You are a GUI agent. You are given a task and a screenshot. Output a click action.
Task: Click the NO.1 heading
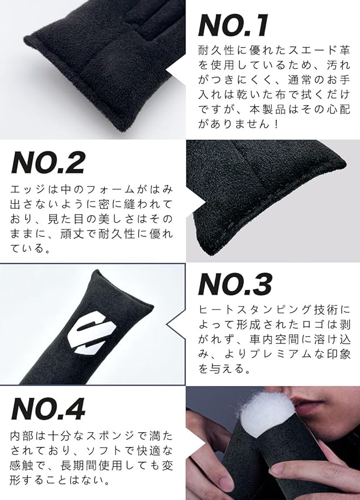[233, 25]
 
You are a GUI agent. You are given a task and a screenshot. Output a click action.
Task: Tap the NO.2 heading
[48, 162]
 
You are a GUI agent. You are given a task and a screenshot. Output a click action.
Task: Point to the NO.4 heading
[48, 408]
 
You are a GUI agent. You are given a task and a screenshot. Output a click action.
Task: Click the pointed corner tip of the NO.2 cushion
[345, 166]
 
